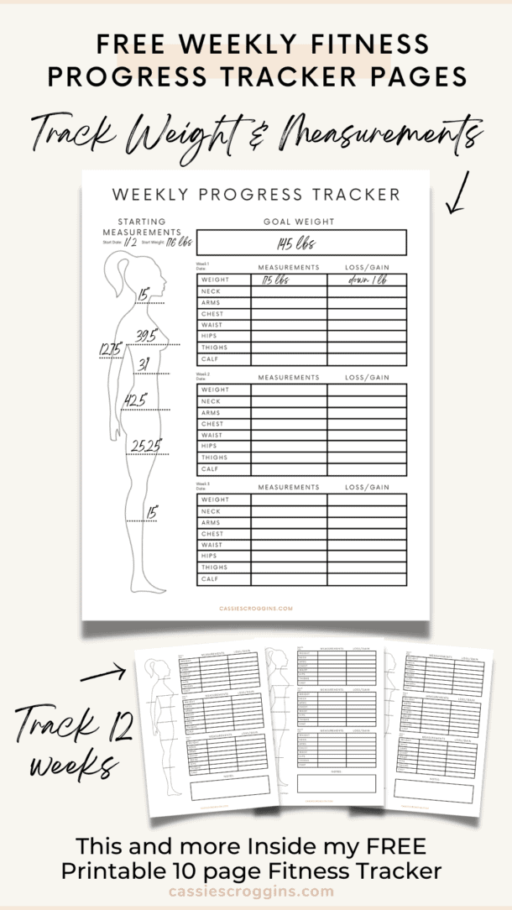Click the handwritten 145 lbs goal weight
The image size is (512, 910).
tap(301, 243)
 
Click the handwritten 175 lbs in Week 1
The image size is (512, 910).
tap(274, 280)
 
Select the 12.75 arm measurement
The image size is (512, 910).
tap(111, 348)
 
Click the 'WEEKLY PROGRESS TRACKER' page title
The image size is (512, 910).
tap(256, 195)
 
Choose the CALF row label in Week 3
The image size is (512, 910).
tap(210, 578)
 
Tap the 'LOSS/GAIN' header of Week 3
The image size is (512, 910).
tap(367, 487)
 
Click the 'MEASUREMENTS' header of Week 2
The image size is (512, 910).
tap(289, 378)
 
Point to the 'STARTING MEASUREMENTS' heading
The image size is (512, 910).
tap(142, 227)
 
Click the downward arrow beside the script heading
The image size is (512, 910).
tap(457, 195)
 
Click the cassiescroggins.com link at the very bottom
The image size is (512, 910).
tap(252, 892)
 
